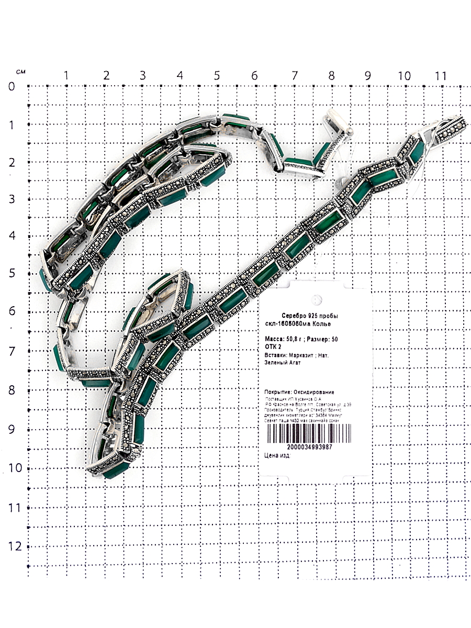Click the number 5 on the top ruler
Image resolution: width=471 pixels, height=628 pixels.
tap(217, 75)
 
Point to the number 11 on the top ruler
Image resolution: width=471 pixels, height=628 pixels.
tap(441, 75)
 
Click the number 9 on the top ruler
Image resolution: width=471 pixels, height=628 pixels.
tap(367, 75)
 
